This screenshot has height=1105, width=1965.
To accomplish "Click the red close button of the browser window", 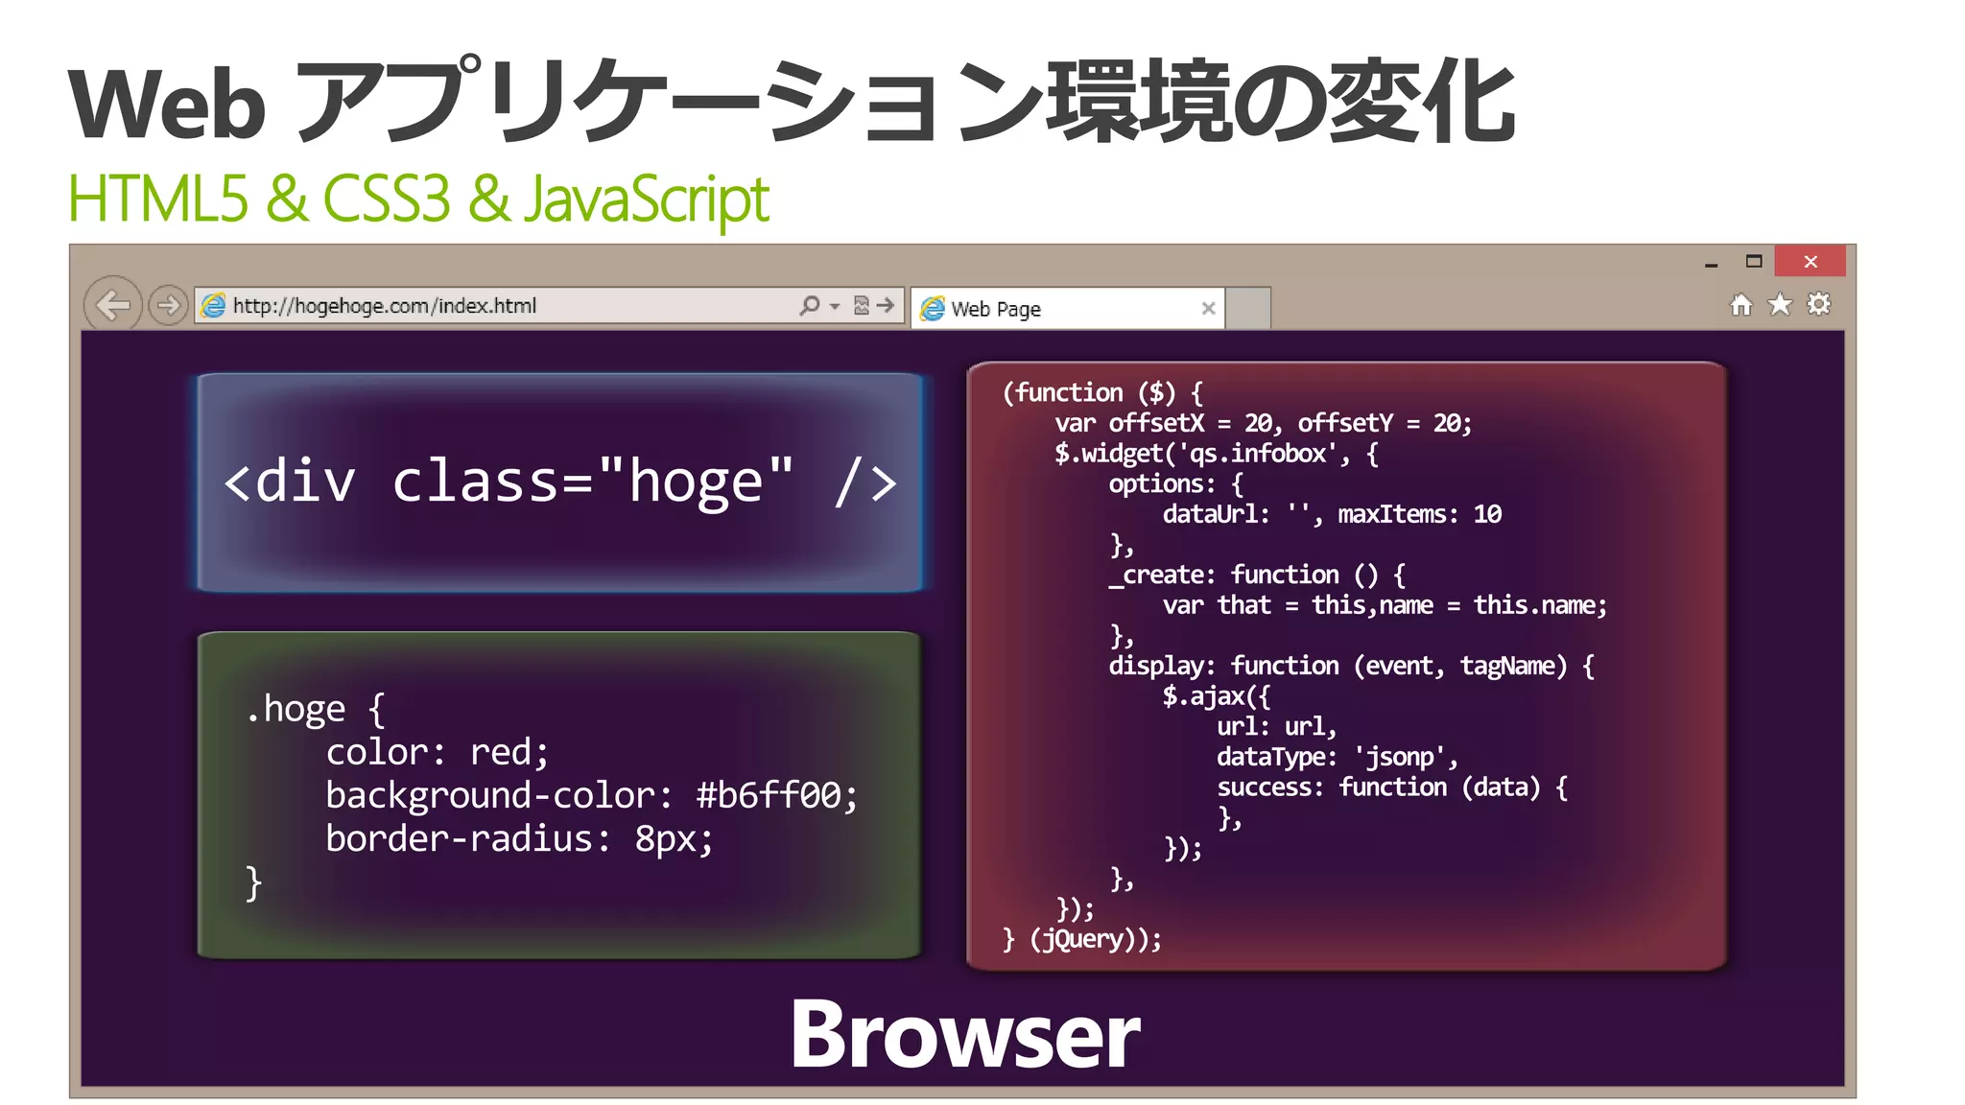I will [x=1810, y=261].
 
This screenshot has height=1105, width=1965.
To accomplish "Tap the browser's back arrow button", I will [x=113, y=306].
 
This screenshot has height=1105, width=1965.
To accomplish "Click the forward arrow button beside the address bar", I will [x=168, y=306].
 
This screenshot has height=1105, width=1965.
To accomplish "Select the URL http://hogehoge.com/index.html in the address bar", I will [x=384, y=306].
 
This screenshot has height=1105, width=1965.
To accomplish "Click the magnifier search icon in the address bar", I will [x=810, y=305].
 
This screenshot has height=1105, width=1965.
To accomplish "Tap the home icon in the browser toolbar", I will [x=1740, y=305].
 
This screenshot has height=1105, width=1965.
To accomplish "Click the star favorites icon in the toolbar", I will [x=1780, y=305].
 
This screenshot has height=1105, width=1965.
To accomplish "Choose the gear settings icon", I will [x=1818, y=305].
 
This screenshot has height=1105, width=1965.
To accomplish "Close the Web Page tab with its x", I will [x=1208, y=308].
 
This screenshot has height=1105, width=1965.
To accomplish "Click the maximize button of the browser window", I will [x=1754, y=261].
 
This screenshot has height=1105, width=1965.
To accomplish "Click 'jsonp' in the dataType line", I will [x=1400, y=757].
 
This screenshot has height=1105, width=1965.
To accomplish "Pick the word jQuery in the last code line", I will [x=1082, y=939].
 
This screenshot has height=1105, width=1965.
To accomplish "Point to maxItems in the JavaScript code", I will [x=1391, y=514].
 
